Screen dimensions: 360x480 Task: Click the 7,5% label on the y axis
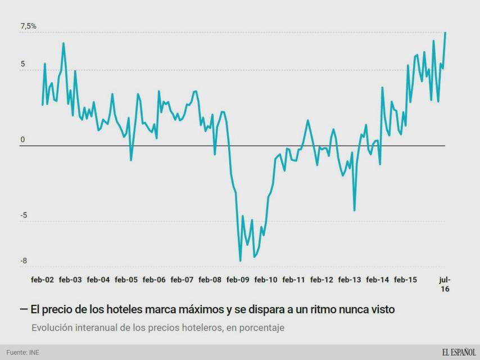28,26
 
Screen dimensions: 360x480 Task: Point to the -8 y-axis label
24,261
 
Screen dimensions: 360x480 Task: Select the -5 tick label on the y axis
24,216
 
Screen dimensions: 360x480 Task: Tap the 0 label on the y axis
22,139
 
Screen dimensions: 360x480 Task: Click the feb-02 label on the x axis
42,280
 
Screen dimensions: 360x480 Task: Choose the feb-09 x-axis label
238,280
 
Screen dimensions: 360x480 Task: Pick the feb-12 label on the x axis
321,280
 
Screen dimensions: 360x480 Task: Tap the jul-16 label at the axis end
445,284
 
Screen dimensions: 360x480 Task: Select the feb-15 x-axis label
405,280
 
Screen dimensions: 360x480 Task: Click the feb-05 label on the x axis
126,280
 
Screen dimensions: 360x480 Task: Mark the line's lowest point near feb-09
241,260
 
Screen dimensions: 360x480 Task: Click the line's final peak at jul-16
445,33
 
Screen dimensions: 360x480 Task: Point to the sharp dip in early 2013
355,210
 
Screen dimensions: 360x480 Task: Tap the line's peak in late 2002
64,43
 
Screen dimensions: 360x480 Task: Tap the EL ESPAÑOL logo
458,352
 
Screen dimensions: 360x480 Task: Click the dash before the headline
24,309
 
